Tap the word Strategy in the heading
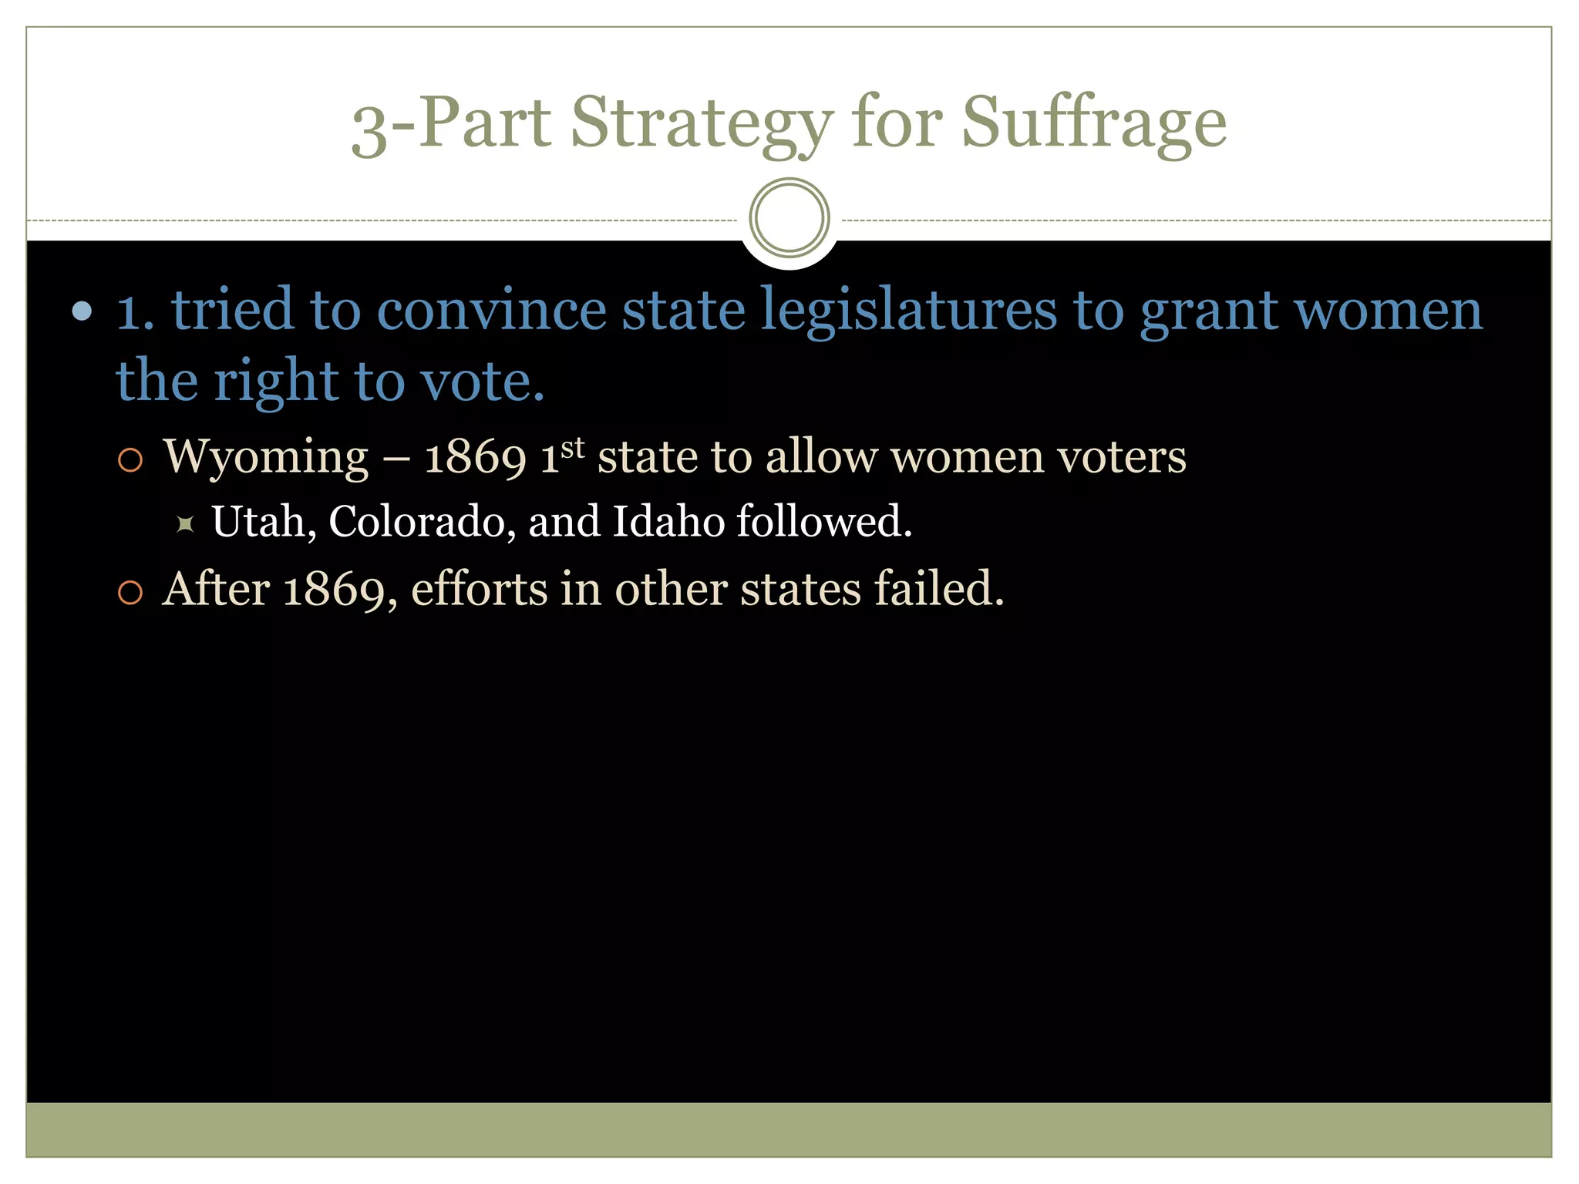[702, 123]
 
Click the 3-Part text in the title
[451, 123]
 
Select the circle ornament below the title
[789, 218]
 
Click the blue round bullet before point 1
[82, 311]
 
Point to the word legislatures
[909, 310]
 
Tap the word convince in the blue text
[492, 310]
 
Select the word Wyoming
[266, 457]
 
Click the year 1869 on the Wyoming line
[475, 457]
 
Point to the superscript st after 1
[573, 447]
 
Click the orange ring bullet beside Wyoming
[130, 460]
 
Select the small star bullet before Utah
[185, 524]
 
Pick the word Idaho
[668, 522]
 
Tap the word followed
[823, 522]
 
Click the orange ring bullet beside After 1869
[130, 592]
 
